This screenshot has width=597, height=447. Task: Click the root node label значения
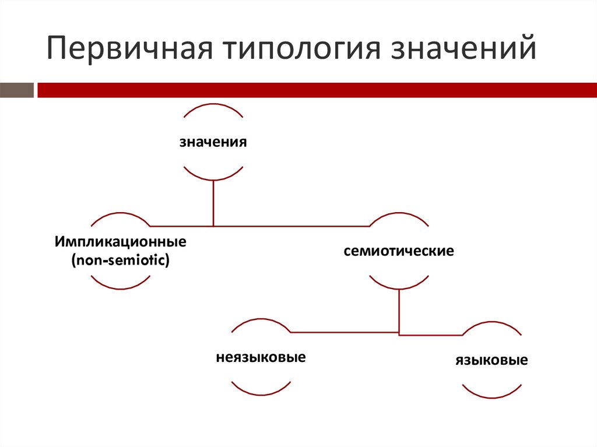pyautogui.click(x=213, y=142)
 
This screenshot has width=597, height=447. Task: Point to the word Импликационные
pyautogui.click(x=121, y=240)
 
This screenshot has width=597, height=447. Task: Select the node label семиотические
pyautogui.click(x=399, y=252)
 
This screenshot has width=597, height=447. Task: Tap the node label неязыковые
pyautogui.click(x=261, y=356)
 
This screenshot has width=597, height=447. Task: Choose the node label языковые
pyautogui.click(x=491, y=360)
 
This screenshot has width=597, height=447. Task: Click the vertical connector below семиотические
pyautogui.click(x=399, y=311)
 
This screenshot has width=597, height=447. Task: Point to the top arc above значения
pyautogui.click(x=213, y=105)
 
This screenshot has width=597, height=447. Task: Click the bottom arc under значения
pyautogui.click(x=213, y=178)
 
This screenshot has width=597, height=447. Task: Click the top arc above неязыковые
pyautogui.click(x=261, y=320)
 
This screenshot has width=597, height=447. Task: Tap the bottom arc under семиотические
pyautogui.click(x=399, y=288)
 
